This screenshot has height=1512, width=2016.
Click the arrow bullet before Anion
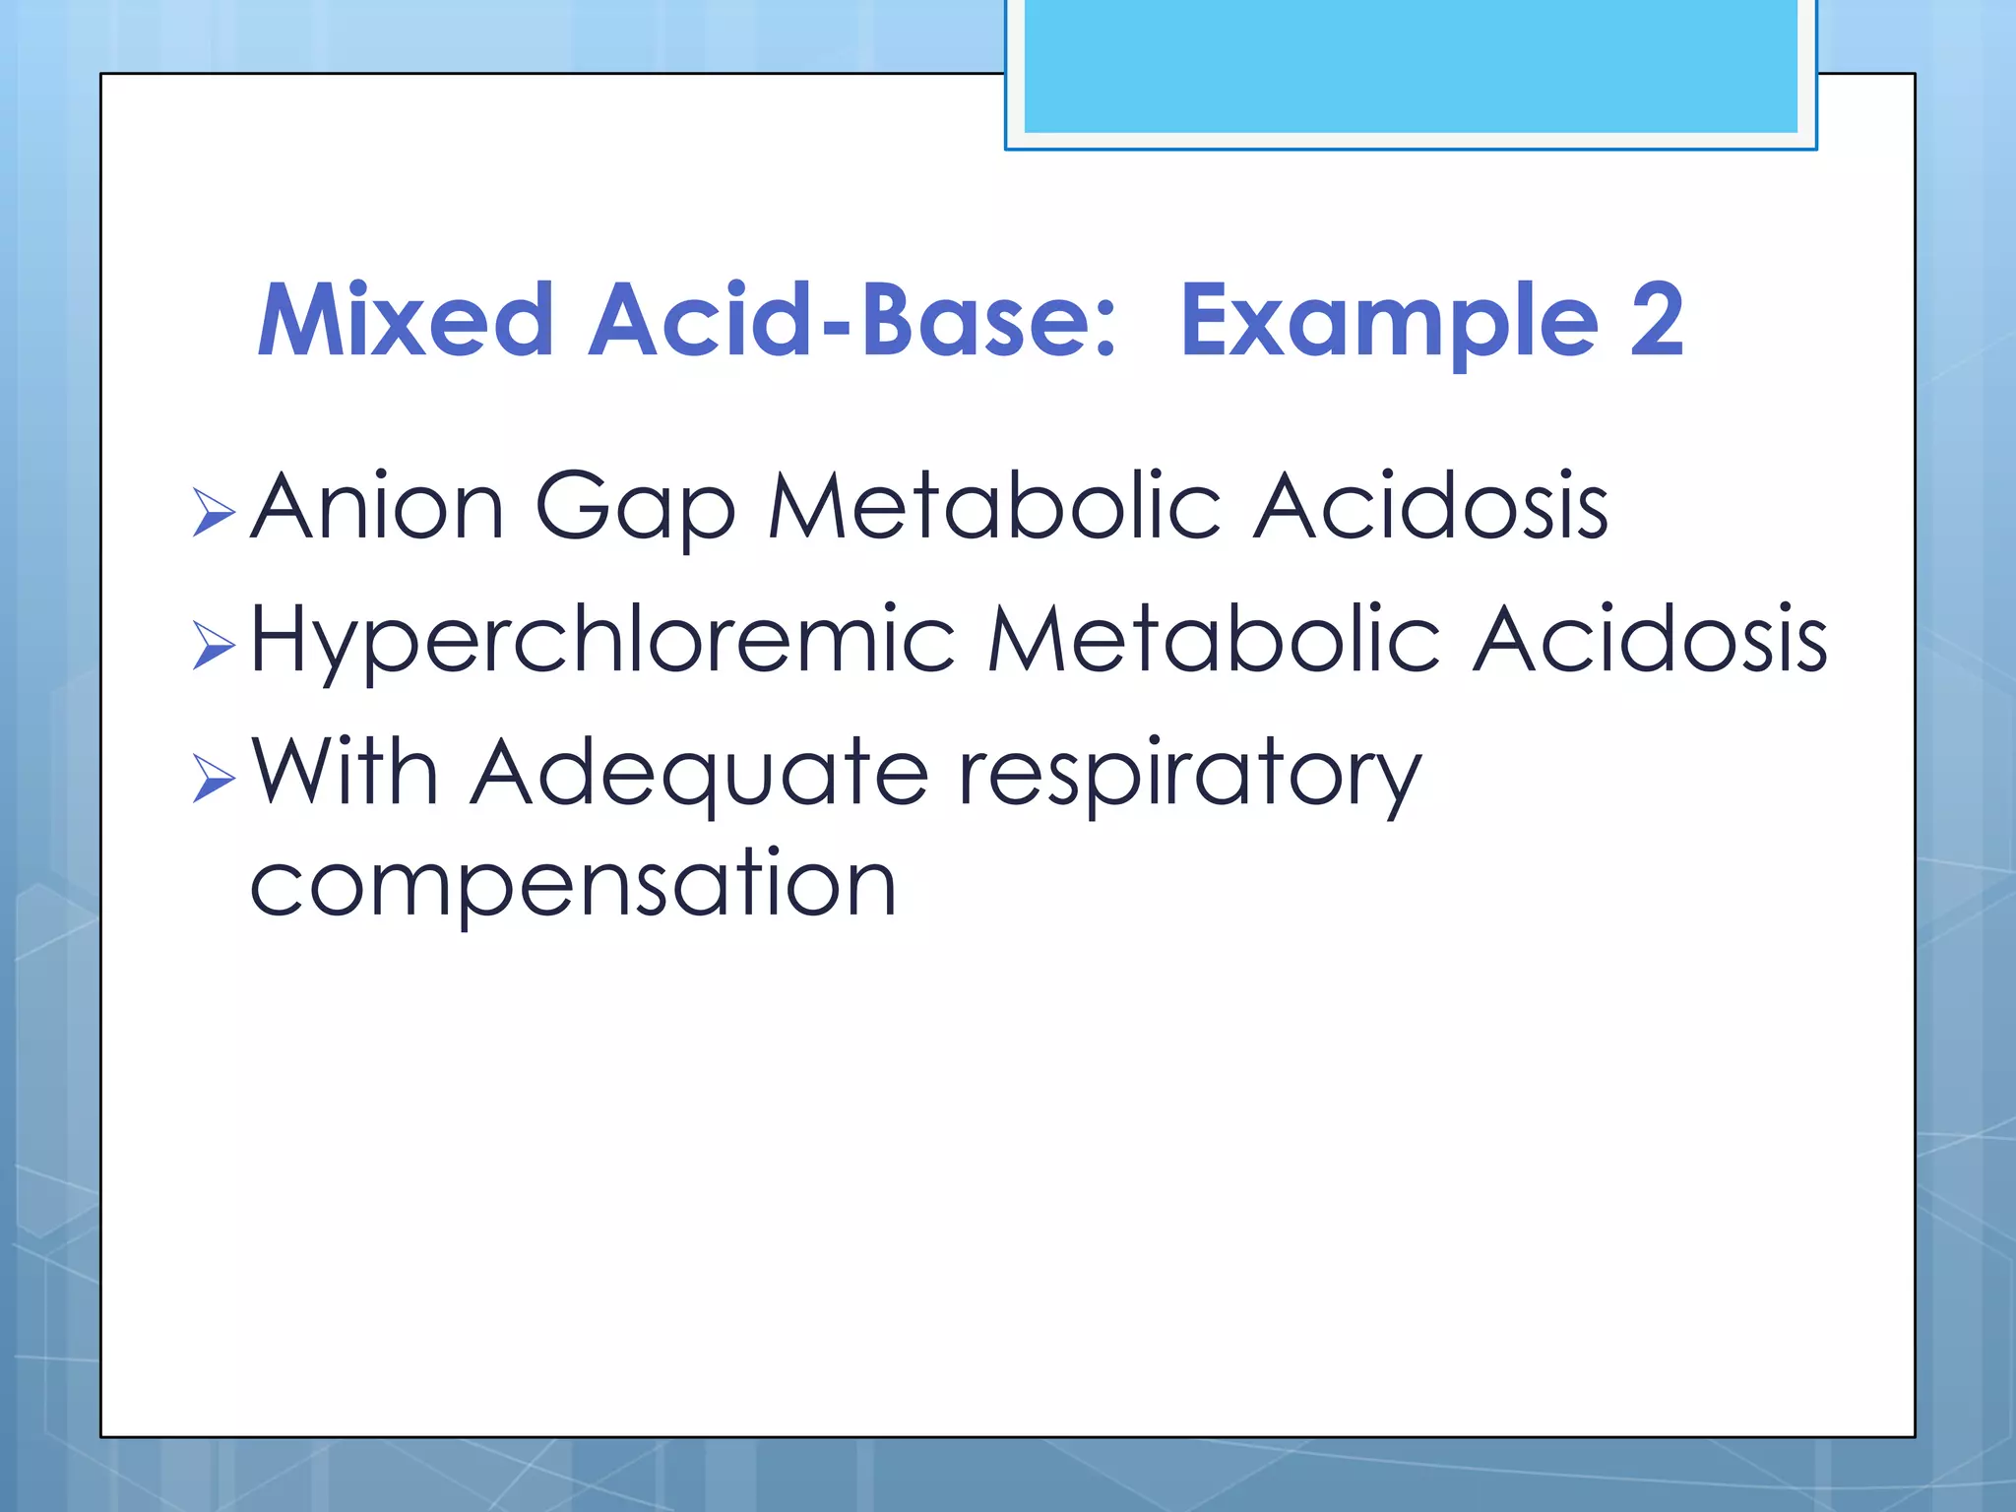pyautogui.click(x=214, y=512)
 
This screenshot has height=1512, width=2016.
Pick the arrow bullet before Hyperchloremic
pyautogui.click(x=214, y=646)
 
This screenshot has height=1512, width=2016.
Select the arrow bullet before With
pyautogui.click(x=214, y=779)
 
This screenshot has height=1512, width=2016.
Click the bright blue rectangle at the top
pyautogui.click(x=1411, y=65)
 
